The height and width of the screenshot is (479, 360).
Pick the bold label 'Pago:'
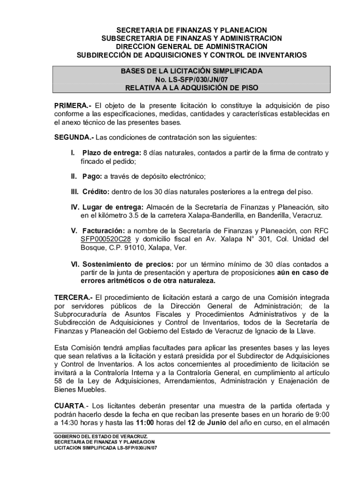[x=92, y=176]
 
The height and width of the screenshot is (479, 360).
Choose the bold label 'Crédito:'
[x=96, y=192]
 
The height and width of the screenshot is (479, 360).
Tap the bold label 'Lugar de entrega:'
[x=112, y=207]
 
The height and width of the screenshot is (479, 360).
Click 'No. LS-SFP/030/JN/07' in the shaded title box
[x=192, y=80]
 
